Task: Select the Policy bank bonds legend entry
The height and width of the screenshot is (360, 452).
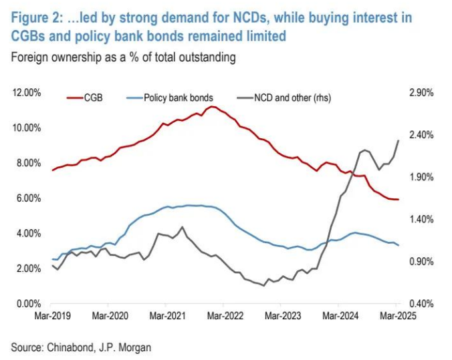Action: (x=173, y=98)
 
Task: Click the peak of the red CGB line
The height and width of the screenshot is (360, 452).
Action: (x=212, y=106)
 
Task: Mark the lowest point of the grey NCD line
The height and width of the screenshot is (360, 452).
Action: (x=263, y=286)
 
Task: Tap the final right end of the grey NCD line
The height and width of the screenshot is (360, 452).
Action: (x=399, y=140)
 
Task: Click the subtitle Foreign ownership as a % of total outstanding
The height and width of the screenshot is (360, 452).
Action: (x=123, y=57)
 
